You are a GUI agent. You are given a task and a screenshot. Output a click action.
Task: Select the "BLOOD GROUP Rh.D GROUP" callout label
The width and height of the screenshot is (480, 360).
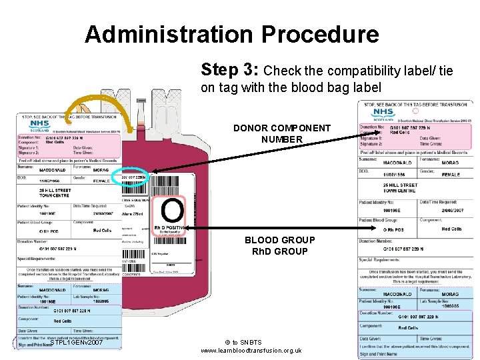(276, 245)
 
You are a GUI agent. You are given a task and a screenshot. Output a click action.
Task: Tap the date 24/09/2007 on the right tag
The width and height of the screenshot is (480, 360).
(452, 210)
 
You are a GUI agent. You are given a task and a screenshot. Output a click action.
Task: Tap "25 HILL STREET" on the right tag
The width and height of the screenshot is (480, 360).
(400, 185)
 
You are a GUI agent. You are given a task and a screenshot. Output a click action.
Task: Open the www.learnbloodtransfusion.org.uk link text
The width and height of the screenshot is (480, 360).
(251, 351)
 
